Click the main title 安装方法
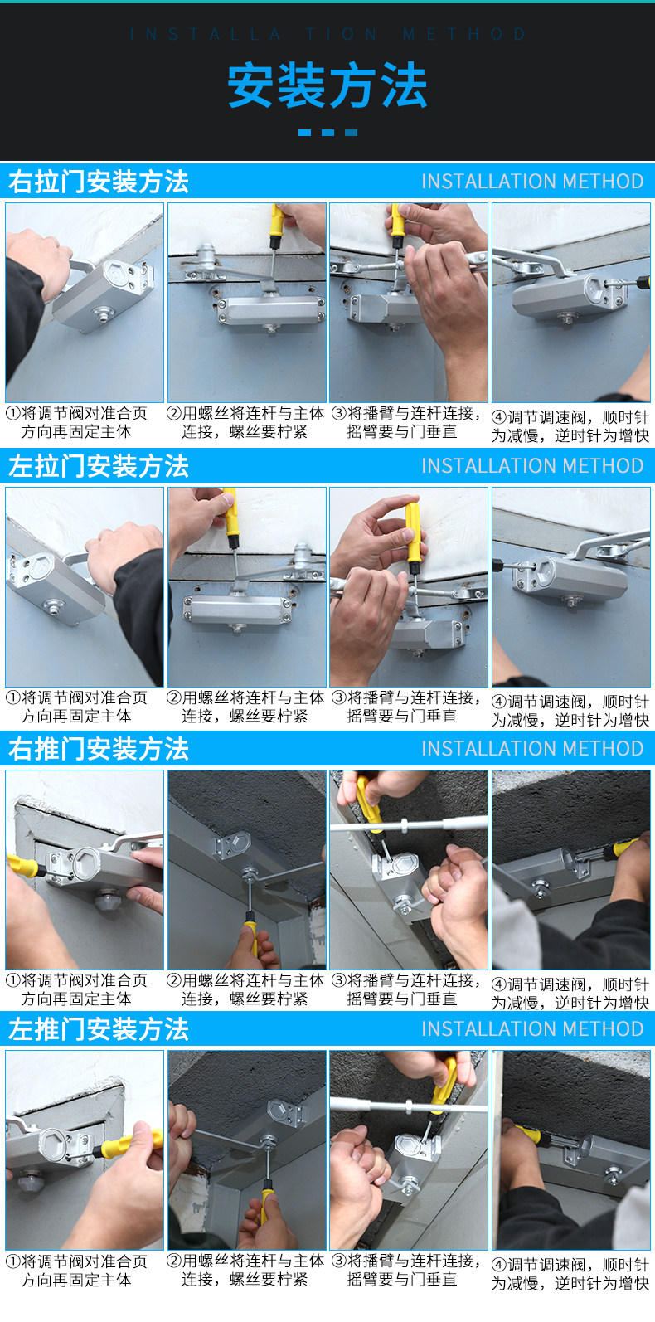pos(327,86)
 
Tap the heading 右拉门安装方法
pos(99,181)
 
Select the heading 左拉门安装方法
pos(99,465)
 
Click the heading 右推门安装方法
pos(99,748)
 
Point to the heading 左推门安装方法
pos(99,1028)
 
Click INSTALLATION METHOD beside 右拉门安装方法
pos(532,181)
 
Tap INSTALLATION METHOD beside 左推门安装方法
pos(532,1028)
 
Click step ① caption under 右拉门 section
pos(77,423)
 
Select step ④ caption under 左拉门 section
pos(570,711)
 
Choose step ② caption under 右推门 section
pos(245,989)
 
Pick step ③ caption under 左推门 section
pos(406,1270)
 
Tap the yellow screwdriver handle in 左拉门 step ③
pos(413,537)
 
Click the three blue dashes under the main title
pos(327,133)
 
